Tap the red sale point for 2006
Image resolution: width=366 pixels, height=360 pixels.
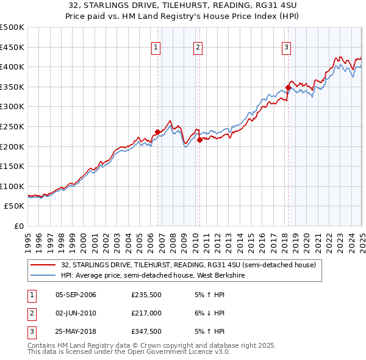(x=157, y=132)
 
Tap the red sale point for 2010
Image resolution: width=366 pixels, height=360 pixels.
(x=199, y=139)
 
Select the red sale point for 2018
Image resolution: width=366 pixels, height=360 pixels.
(x=288, y=87)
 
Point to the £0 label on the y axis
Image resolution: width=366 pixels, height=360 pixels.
(x=20, y=226)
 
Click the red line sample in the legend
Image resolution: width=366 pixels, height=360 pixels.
(x=44, y=265)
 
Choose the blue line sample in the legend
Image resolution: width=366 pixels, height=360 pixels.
(x=44, y=275)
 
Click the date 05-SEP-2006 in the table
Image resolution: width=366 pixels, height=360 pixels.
(x=76, y=295)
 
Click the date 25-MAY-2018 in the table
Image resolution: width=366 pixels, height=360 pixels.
(x=76, y=333)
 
